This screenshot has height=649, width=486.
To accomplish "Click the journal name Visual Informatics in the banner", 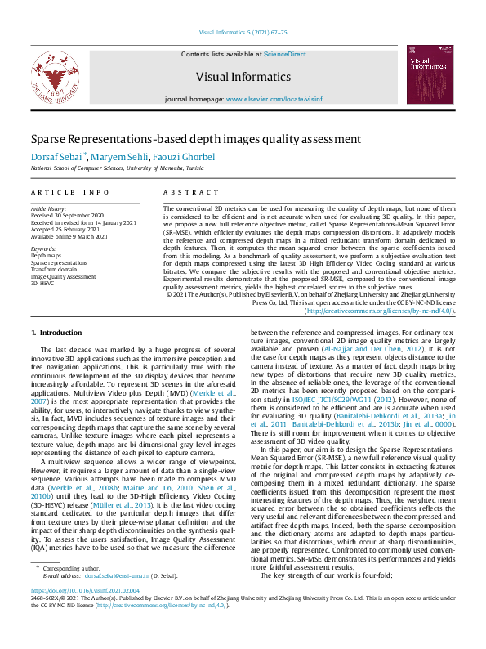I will coord(243,78).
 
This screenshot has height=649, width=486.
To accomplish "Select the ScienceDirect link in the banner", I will coord(285,53).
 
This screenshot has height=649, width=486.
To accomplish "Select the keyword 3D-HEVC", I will coord(42,282).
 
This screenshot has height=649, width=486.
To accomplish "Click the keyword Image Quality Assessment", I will coord(63,275).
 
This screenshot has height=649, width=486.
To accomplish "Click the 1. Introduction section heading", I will coord(56,333).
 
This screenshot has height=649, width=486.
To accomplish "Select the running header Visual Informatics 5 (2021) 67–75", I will coord(243,33).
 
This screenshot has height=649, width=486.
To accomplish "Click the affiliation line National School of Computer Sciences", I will coord(118,168).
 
